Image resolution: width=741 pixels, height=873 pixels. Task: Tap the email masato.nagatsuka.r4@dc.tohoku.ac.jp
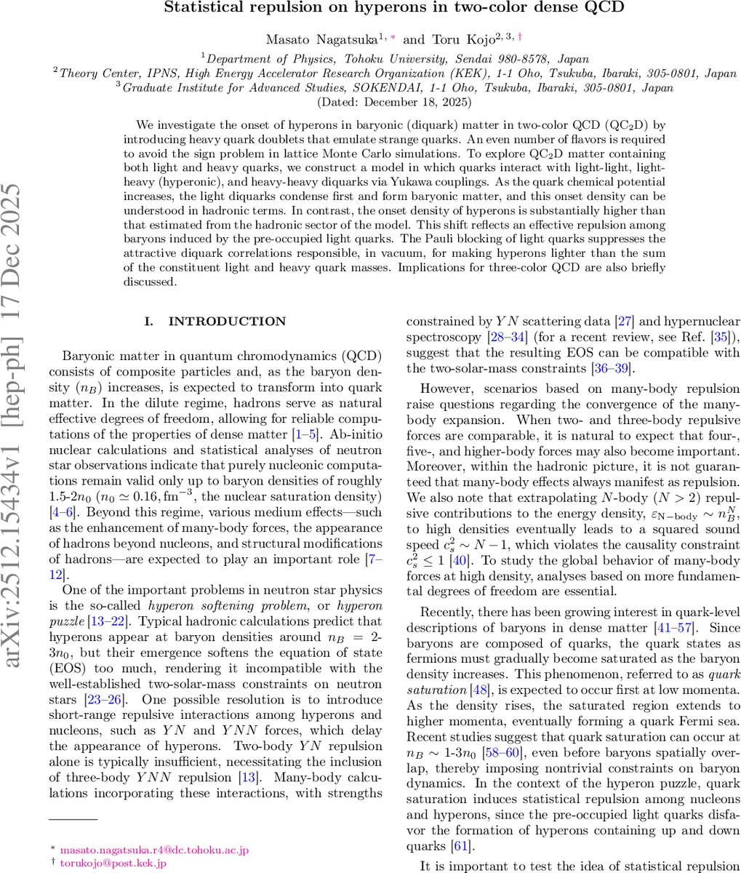tap(154, 849)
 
